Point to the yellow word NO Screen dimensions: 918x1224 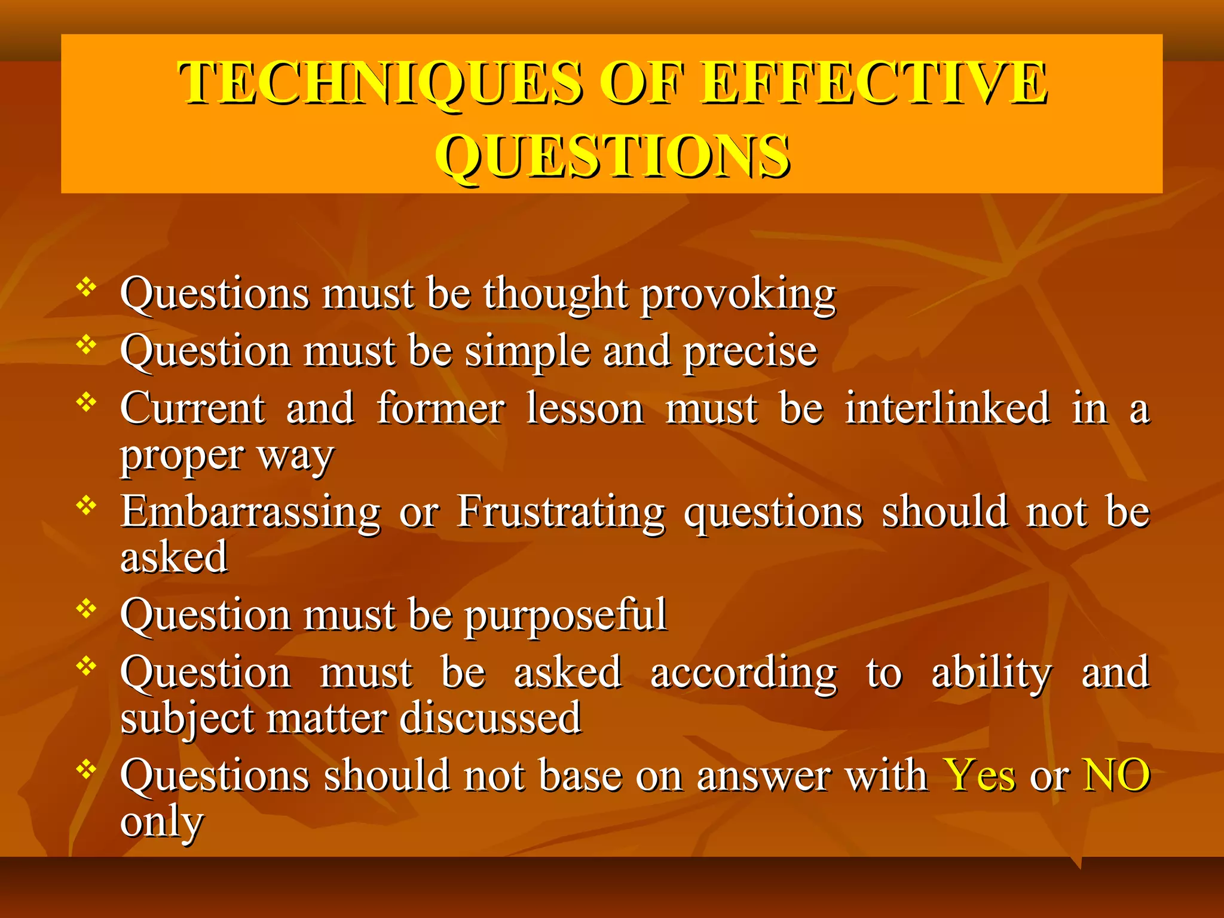[1116, 776]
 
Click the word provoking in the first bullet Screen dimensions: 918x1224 [739, 295]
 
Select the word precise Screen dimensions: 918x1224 [751, 352]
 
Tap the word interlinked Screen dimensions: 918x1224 [947, 409]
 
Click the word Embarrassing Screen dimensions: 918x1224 [250, 513]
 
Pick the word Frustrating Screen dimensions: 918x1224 [561, 513]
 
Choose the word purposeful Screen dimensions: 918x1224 [565, 616]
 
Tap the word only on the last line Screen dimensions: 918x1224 [161, 823]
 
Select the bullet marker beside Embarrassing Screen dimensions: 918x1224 [87, 506]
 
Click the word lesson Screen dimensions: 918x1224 [585, 409]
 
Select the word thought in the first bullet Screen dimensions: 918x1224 [556, 295]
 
